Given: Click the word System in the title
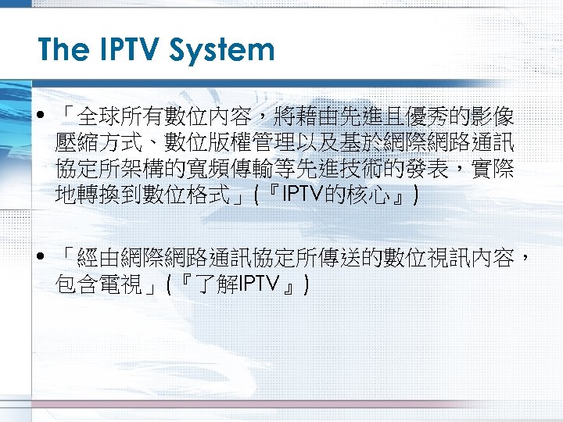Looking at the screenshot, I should tap(227, 51).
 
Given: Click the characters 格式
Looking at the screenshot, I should tap(207, 195).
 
